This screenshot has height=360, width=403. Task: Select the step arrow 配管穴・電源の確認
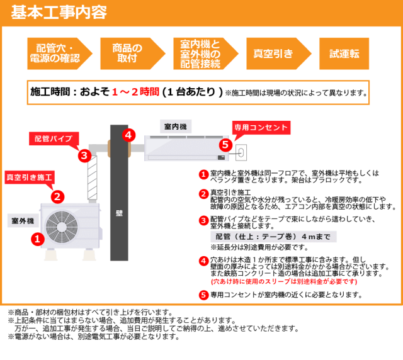[x=58, y=53]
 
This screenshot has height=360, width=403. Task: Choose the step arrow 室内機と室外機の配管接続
[x=201, y=53]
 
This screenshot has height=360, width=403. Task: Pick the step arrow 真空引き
[x=274, y=53]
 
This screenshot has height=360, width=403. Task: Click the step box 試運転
[x=344, y=53]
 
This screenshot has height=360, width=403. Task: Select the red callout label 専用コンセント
[x=260, y=127]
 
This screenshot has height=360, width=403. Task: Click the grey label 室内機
[x=174, y=127]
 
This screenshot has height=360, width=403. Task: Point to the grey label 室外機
[x=23, y=221]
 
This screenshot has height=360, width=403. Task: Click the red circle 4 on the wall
[x=128, y=134]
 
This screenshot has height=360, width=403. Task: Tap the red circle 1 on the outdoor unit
[x=37, y=239]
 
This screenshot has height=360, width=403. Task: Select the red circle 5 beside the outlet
[x=225, y=144]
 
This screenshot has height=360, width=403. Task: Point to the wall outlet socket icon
[x=241, y=152]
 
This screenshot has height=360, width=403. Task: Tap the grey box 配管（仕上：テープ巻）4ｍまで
[x=264, y=237]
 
